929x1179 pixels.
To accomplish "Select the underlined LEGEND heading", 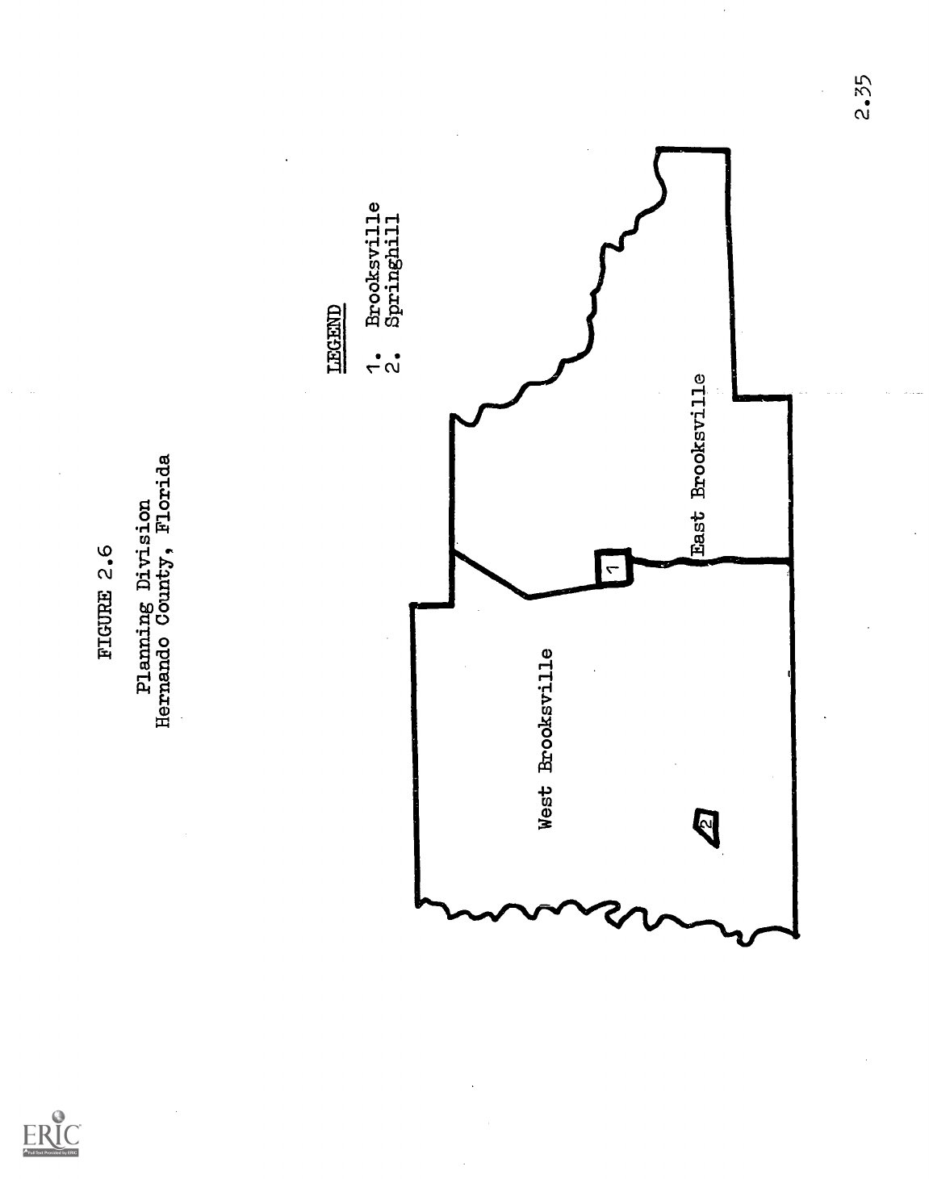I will [333, 340].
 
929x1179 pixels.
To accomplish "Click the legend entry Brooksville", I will [373, 263].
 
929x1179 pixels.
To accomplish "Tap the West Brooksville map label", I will [546, 738].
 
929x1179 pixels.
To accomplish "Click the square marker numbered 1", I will [612, 569].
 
